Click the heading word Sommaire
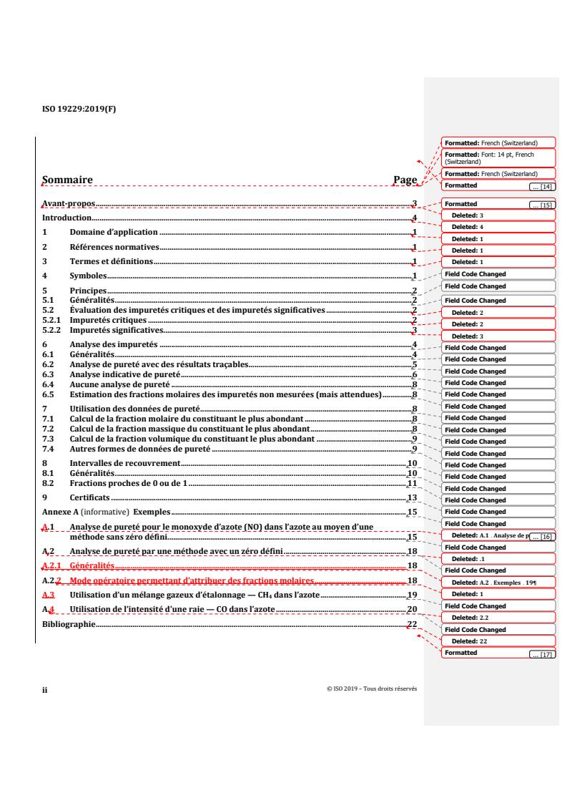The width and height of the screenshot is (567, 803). (67, 180)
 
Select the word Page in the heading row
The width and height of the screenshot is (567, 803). (405, 180)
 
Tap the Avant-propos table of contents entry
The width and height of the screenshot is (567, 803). (69, 204)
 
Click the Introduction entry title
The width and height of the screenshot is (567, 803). (67, 218)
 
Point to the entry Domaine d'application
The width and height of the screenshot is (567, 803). (113, 233)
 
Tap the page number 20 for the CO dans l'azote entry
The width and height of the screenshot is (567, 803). (412, 609)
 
